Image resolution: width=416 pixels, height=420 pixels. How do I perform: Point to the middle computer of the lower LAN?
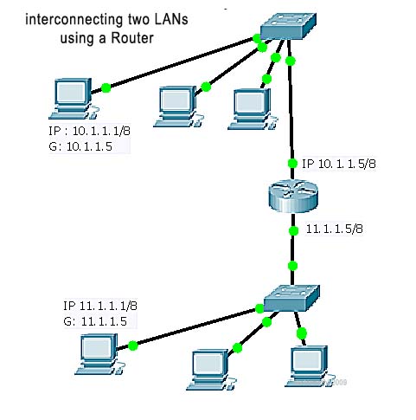210,367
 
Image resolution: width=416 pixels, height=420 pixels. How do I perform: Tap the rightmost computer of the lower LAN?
306,364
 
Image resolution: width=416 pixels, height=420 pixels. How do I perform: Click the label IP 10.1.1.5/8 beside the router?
338,164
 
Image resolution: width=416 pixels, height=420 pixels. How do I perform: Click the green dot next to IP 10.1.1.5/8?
292,165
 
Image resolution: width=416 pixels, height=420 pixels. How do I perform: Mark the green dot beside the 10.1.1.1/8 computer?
106,87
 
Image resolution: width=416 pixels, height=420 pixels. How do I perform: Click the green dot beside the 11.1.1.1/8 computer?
133,345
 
